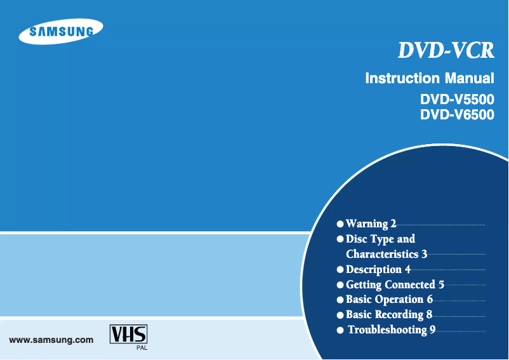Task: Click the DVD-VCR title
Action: click(x=446, y=51)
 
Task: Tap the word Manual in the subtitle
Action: click(x=469, y=79)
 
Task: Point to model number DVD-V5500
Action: click(x=457, y=100)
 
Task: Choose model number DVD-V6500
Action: click(x=457, y=115)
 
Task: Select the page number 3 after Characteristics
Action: click(x=424, y=254)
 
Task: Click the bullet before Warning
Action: click(x=341, y=224)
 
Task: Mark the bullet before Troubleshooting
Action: click(x=341, y=330)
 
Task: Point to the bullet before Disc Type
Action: click(x=341, y=239)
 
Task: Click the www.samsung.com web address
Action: click(x=51, y=340)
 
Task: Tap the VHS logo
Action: click(x=128, y=335)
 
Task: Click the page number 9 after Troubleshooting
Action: click(x=432, y=330)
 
